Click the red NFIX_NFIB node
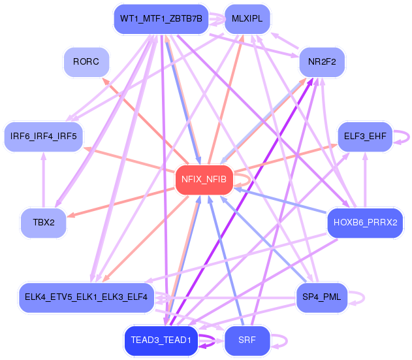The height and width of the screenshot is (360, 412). pos(204,180)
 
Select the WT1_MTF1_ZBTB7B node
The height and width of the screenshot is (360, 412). pos(161,19)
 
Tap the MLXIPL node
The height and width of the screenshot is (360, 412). pos(247,19)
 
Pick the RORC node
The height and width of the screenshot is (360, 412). pos(86,62)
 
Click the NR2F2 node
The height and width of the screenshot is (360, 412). pos(322,62)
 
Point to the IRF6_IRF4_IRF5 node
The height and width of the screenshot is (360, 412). pos(44,137)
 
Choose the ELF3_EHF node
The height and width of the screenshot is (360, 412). pos(365,137)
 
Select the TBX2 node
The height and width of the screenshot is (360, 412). pos(44,223)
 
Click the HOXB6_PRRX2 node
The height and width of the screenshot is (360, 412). pos(365,223)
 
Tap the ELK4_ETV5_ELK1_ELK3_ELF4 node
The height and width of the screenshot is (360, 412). pos(86,298)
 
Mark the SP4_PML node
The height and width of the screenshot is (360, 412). pos(322,298)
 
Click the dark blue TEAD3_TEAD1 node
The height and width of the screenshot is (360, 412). pos(161,341)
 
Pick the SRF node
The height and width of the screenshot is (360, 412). pos(247,341)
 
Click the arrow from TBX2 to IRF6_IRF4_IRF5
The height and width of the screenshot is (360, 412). pos(44,180)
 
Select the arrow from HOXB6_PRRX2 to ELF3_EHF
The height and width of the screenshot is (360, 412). pos(365,180)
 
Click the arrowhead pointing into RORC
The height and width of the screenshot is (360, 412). pos(106,81)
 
